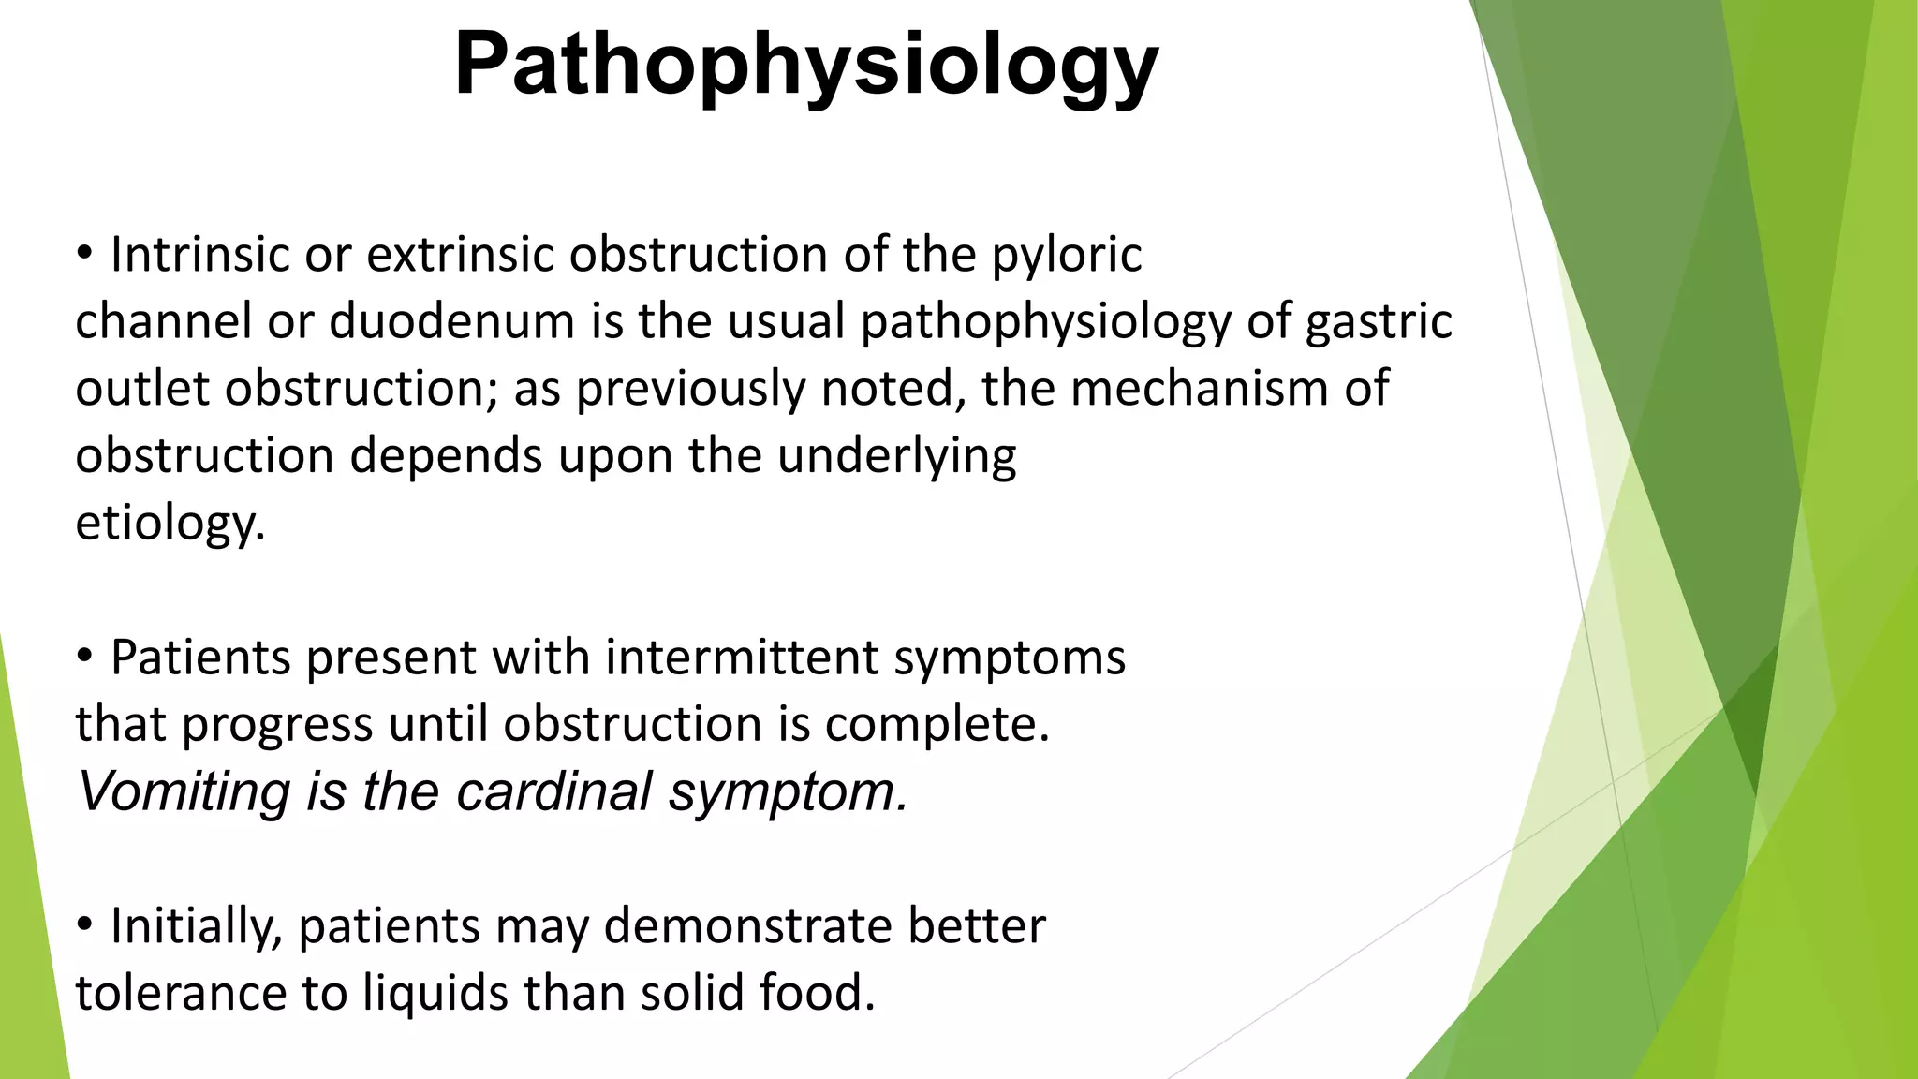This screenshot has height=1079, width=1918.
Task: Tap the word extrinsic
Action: [460, 255]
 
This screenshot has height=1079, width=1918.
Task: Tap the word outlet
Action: [141, 389]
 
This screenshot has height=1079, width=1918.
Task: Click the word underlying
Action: [896, 457]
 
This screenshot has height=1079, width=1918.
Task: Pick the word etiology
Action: [169, 524]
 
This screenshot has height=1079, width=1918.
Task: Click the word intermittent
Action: [742, 657]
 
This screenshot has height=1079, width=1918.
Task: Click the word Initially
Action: [196, 927]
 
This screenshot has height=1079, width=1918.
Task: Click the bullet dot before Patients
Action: [85, 658]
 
